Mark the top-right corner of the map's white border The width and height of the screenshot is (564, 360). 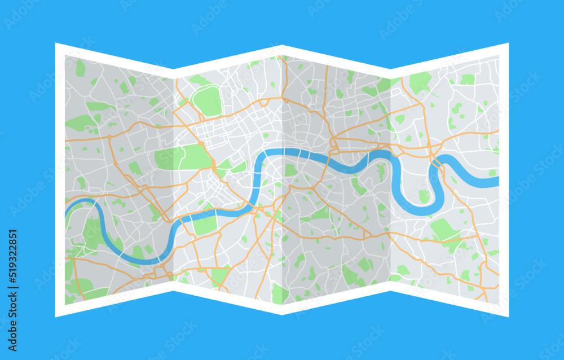click(508, 43)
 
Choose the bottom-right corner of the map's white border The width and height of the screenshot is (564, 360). click(508, 317)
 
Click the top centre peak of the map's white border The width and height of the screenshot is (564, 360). click(282, 46)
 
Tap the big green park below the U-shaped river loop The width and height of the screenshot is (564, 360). click(446, 230)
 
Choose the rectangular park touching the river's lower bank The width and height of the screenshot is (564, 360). click(205, 224)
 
